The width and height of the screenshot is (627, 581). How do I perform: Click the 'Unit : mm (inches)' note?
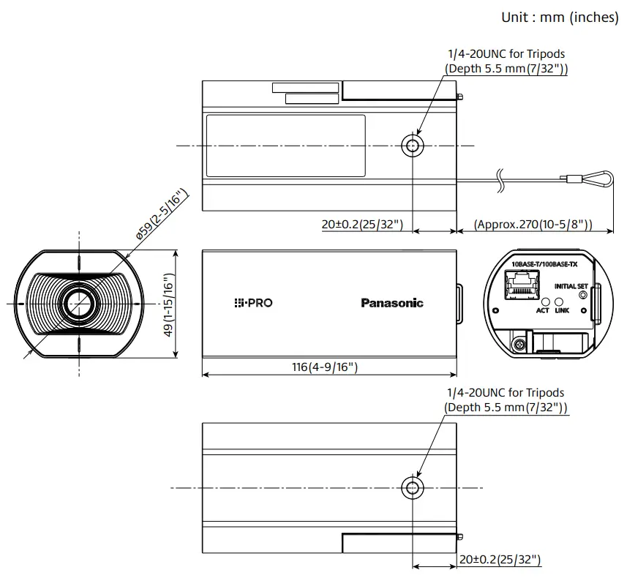560,17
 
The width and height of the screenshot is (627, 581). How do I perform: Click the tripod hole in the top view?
413,146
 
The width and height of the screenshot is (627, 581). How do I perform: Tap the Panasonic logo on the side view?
391,303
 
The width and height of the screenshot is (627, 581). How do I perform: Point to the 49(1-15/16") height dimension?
168,305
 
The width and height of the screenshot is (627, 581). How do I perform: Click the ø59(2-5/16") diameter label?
161,215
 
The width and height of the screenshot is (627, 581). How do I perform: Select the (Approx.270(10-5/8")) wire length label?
533,225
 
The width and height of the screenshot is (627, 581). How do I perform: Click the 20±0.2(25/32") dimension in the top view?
362,225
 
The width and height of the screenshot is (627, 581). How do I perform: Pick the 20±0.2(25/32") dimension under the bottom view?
500,560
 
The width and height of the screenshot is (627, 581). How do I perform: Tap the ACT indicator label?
542,310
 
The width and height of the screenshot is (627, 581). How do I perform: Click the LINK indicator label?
562,310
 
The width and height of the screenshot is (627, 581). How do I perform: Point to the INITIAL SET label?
571,286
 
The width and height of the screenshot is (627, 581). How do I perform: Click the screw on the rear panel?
519,343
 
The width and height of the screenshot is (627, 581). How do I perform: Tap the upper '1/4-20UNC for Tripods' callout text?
506,53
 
